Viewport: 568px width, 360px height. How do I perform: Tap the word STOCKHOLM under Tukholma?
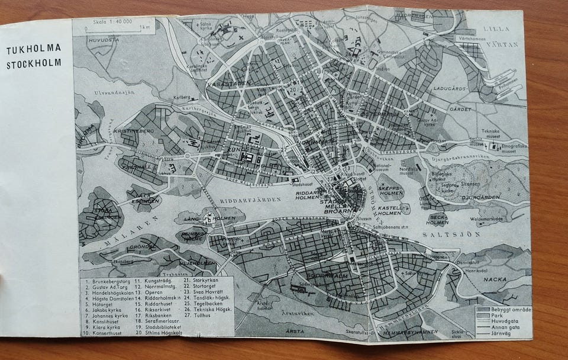coord(34,65)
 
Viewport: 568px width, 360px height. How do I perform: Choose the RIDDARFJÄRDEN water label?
coord(250,201)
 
